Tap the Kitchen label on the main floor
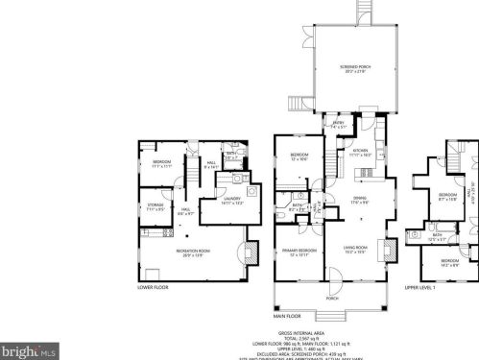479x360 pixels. click(360, 151)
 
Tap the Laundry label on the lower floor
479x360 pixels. click(232, 200)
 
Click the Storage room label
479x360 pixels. click(156, 205)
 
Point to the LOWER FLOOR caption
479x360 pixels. click(154, 286)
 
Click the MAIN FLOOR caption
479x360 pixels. click(287, 315)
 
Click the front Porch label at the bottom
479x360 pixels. click(332, 298)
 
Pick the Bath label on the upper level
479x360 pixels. click(437, 234)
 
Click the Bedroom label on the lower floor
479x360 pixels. click(160, 162)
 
